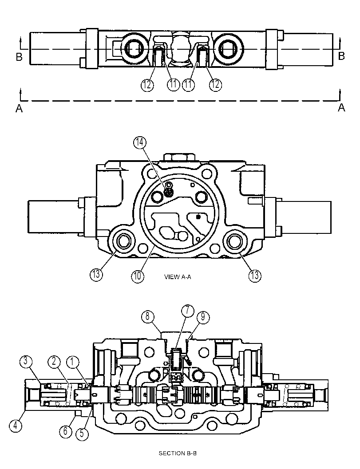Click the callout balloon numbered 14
pos(140,143)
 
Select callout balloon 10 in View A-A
pos(137,276)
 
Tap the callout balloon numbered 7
pos(188,311)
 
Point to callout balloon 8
pos(147,316)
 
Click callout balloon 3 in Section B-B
pos(26,361)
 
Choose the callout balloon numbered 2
pos(54,362)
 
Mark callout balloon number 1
pos(72,362)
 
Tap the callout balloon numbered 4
pos(15,426)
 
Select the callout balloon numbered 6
pos(66,431)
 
